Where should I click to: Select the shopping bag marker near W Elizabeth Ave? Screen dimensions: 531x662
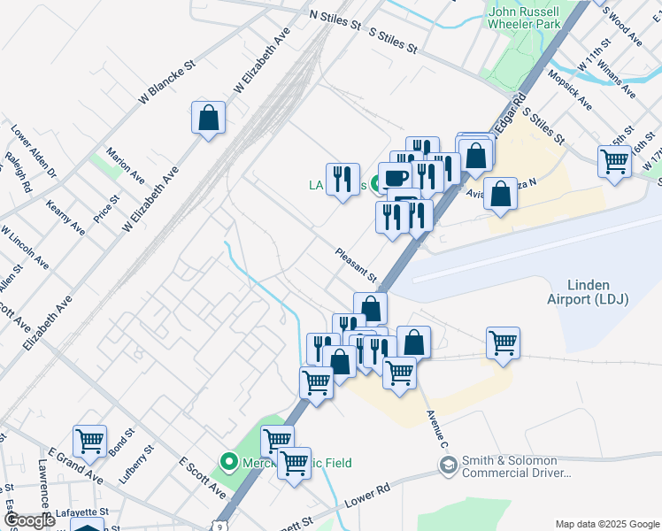click(x=208, y=119)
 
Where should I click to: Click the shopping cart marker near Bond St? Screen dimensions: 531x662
click(x=89, y=441)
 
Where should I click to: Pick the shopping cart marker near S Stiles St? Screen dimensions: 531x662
click(x=614, y=163)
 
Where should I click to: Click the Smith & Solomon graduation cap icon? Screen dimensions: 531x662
click(x=449, y=465)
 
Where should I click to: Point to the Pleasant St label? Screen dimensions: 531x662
click(x=357, y=265)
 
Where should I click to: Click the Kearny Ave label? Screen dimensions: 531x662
click(x=68, y=217)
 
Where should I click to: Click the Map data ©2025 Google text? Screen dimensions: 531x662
click(x=605, y=524)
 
